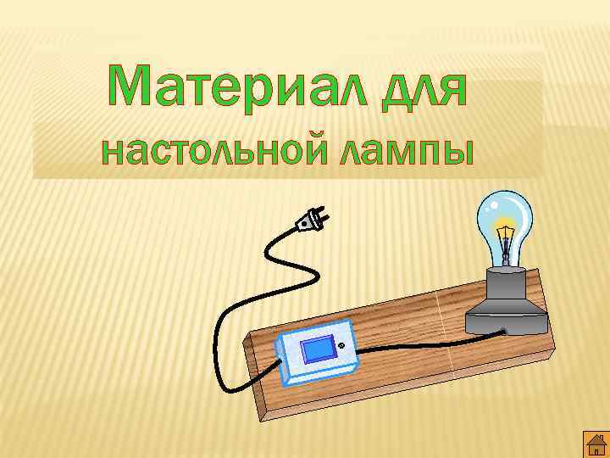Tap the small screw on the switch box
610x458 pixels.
pos(341,345)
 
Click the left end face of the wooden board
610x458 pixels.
pos(253,374)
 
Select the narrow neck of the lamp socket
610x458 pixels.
pos(507,276)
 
